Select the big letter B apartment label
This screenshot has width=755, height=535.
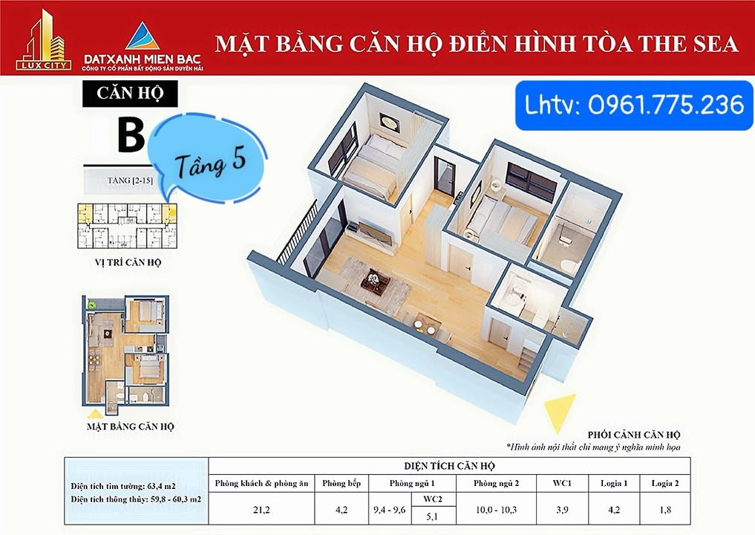click(x=131, y=136)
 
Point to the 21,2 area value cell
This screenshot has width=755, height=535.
click(x=262, y=510)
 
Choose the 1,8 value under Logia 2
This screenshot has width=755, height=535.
click(x=665, y=510)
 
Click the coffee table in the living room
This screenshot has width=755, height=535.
click(x=375, y=281)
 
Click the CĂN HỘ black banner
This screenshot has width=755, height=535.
click(x=130, y=94)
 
